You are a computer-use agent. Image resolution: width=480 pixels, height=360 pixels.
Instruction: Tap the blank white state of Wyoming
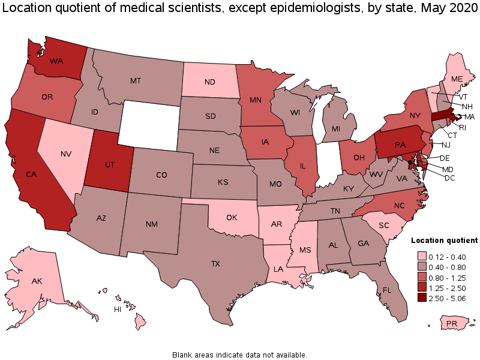149,123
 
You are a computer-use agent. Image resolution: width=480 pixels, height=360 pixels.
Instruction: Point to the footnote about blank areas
240,354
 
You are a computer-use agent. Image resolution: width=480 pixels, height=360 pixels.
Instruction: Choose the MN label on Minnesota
256,101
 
